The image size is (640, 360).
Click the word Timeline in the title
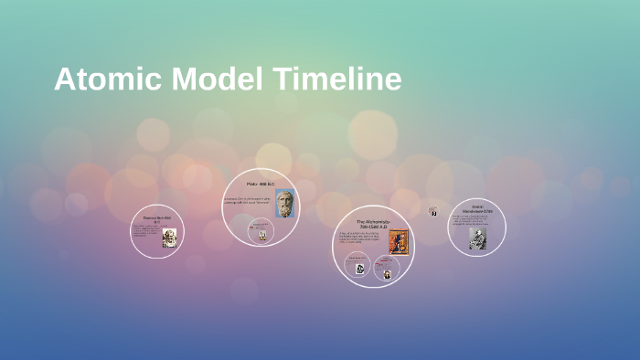pyautogui.click(x=336, y=79)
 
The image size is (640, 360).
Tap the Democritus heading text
pyautogui.click(x=157, y=218)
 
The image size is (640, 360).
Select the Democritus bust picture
pyautogui.click(x=169, y=238)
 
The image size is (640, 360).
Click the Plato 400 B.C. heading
pyautogui.click(x=260, y=185)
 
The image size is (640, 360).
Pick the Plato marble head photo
pyautogui.click(x=284, y=203)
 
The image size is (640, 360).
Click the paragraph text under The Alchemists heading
pyautogui.click(x=363, y=238)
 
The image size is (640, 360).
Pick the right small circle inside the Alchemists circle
pyautogui.click(x=387, y=272)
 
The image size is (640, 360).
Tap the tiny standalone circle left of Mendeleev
pyautogui.click(x=433, y=211)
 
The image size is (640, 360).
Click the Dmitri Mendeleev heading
pyautogui.click(x=477, y=209)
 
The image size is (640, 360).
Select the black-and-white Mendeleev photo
pyautogui.click(x=477, y=238)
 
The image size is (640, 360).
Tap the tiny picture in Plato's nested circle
pyautogui.click(x=261, y=235)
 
